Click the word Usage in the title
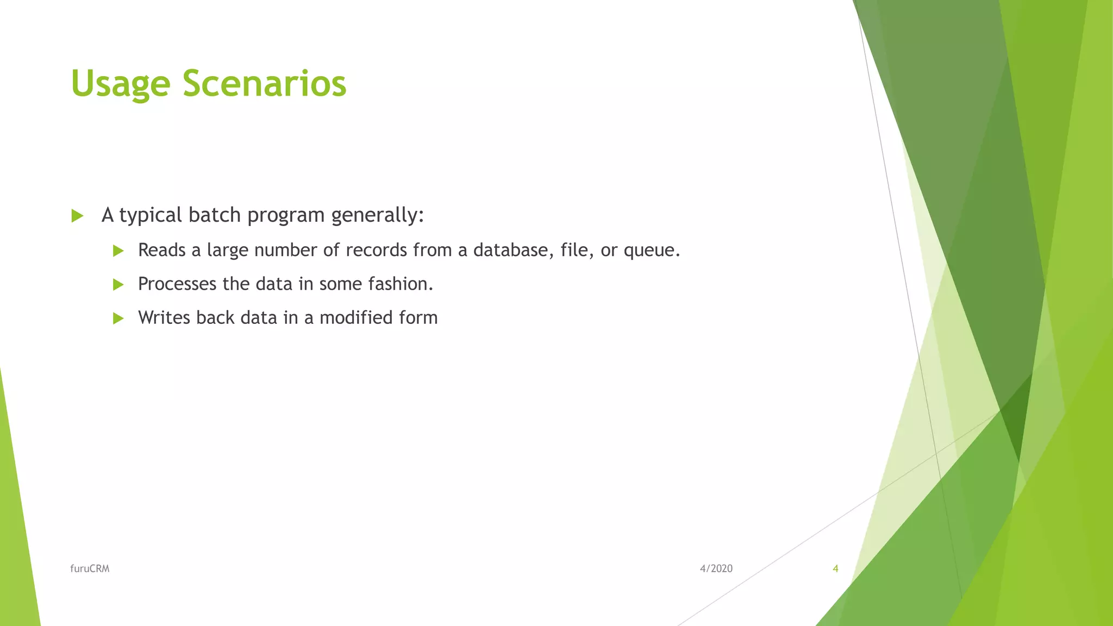pyautogui.click(x=120, y=85)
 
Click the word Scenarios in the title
pyautogui.click(x=264, y=84)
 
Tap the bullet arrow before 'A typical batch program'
pyautogui.click(x=77, y=216)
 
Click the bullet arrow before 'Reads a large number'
pyautogui.click(x=118, y=251)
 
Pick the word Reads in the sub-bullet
pyautogui.click(x=161, y=250)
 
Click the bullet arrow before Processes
pyautogui.click(x=118, y=284)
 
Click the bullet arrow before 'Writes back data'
pyautogui.click(x=118, y=318)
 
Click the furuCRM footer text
pyautogui.click(x=90, y=568)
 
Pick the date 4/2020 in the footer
pyautogui.click(x=716, y=568)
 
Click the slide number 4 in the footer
pyautogui.click(x=835, y=568)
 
